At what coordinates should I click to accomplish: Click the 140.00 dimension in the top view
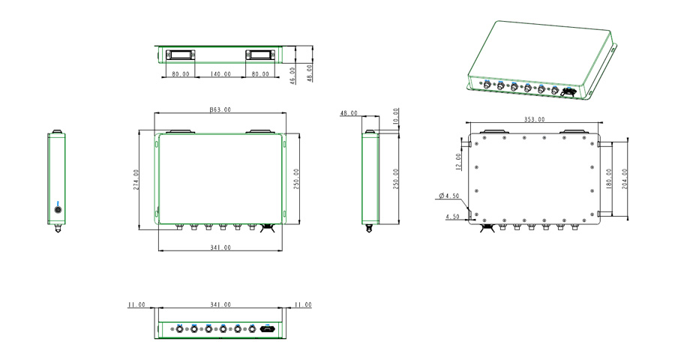220,74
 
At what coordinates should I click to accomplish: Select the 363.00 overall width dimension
220,109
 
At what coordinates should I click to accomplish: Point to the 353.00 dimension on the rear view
534,119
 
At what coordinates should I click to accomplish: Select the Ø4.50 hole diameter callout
449,196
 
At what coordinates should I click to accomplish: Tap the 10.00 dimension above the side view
396,117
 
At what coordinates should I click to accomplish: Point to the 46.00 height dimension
293,74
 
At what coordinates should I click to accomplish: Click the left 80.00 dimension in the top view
180,74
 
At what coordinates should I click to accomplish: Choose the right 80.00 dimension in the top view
260,74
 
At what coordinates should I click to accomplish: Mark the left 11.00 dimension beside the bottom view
136,305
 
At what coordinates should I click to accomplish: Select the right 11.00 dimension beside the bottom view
303,305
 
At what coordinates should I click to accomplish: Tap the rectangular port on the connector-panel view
268,328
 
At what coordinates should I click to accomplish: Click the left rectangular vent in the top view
181,55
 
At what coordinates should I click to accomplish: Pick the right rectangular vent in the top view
260,55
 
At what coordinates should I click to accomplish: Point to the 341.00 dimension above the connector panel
220,305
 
